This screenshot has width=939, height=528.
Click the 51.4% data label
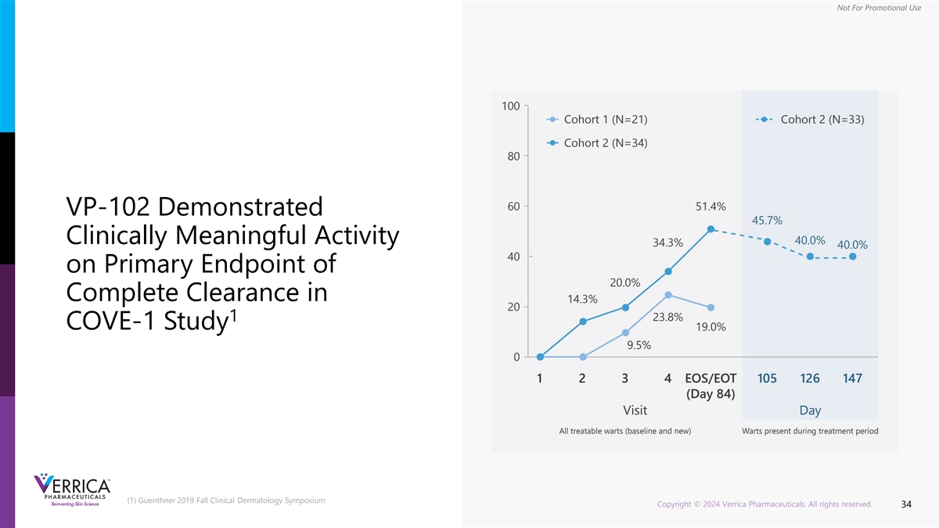pyautogui.click(x=710, y=207)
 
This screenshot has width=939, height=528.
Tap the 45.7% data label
pyautogui.click(x=767, y=220)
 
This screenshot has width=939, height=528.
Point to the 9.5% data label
pyautogui.click(x=639, y=345)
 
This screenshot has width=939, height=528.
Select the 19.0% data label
pyautogui.click(x=710, y=327)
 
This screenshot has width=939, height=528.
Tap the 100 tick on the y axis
pyautogui.click(x=510, y=106)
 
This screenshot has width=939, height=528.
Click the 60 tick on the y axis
pyautogui.click(x=513, y=207)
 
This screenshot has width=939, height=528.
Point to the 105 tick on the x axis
pyautogui.click(x=767, y=379)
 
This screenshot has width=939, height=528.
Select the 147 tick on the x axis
pyautogui.click(x=852, y=379)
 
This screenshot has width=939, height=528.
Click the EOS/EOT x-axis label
pyautogui.click(x=710, y=379)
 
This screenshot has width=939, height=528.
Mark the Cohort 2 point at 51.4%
pyautogui.click(x=711, y=229)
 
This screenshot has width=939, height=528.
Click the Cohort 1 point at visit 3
pyautogui.click(x=625, y=332)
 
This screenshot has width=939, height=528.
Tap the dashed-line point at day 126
pyautogui.click(x=810, y=257)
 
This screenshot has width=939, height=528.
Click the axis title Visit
pyautogui.click(x=635, y=410)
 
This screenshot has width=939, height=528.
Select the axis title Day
pyautogui.click(x=810, y=410)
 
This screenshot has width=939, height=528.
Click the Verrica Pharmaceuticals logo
pyautogui.click(x=72, y=491)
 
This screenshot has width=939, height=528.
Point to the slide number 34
pyautogui.click(x=906, y=505)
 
